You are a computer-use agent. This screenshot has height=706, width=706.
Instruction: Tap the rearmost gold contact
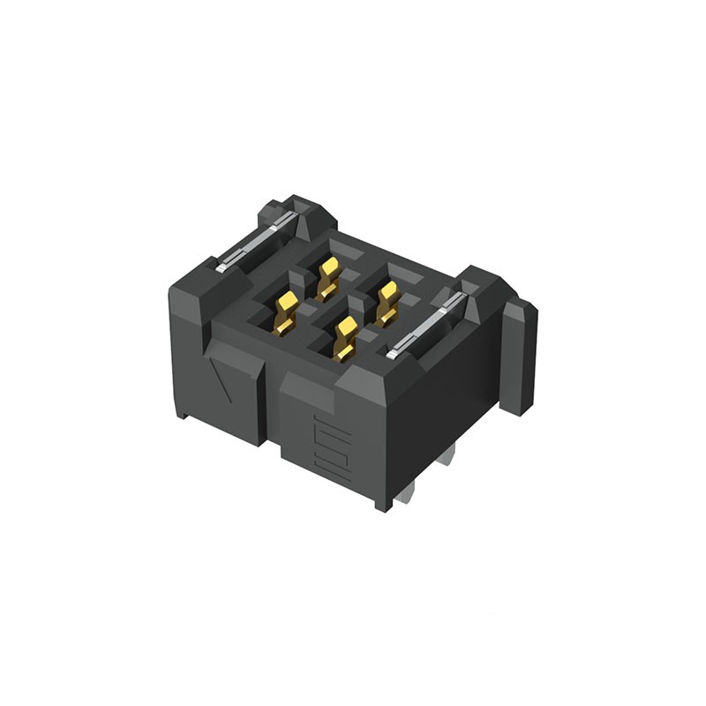(x=328, y=276)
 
